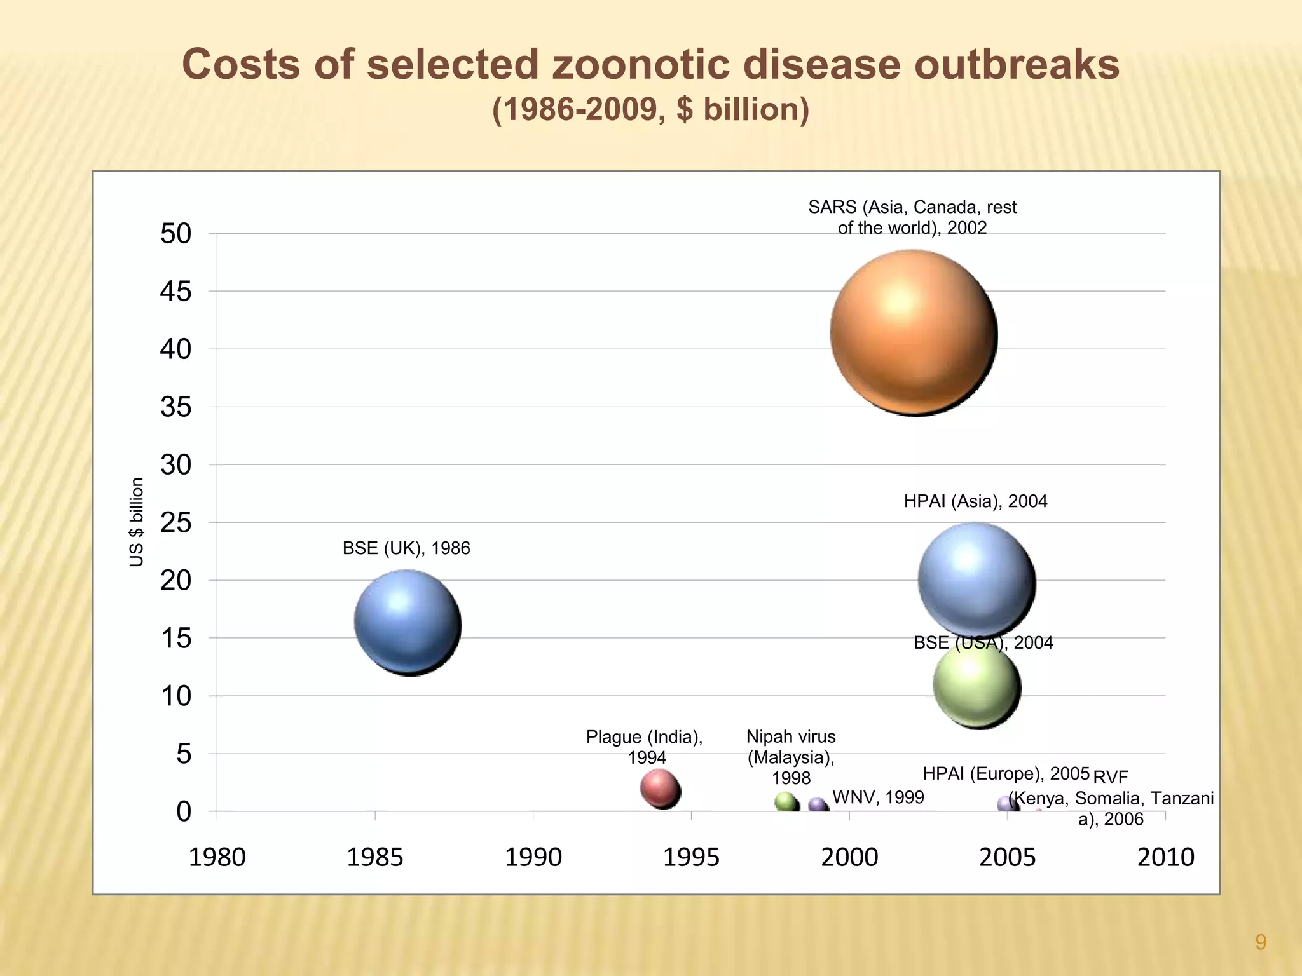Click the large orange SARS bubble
(x=914, y=333)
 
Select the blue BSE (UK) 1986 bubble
(x=407, y=622)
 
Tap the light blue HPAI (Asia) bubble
(x=976, y=579)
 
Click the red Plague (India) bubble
(x=660, y=789)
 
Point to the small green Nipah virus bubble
(x=786, y=802)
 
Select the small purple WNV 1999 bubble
(x=817, y=805)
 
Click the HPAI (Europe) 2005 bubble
(x=1006, y=804)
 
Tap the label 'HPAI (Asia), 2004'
(x=975, y=501)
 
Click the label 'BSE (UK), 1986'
(x=406, y=548)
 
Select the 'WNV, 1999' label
(x=878, y=797)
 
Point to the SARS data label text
(x=912, y=217)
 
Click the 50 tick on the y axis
(x=175, y=234)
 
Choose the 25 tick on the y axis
(x=175, y=523)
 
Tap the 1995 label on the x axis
(x=691, y=857)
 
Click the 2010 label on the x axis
(x=1165, y=857)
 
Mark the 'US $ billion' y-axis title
(x=137, y=522)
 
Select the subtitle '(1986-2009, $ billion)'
(x=650, y=109)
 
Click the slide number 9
(x=1261, y=942)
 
